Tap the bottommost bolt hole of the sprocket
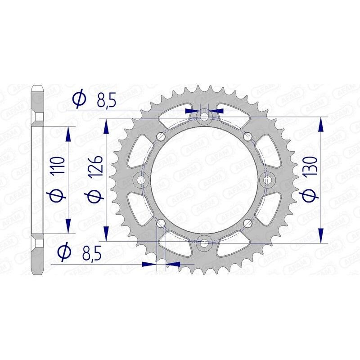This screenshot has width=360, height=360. (205, 243)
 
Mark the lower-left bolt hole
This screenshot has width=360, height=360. (161, 222)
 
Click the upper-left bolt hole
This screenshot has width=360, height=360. (161, 136)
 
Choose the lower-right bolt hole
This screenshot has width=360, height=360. (247, 222)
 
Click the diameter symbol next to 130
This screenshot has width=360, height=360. (313, 194)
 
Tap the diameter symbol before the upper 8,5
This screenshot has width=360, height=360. (80, 99)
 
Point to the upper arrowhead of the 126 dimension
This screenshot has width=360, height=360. (106, 126)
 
